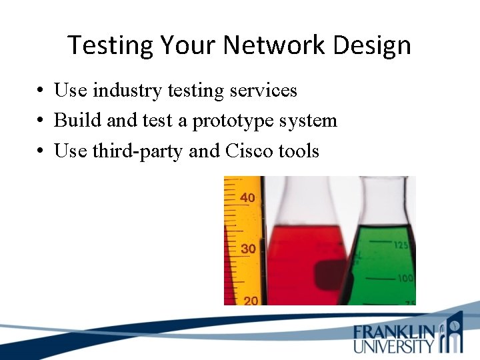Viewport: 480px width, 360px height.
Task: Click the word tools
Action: [x=299, y=151]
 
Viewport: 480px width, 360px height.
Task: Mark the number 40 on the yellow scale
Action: [x=247, y=197]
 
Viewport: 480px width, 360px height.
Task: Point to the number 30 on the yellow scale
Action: [x=247, y=249]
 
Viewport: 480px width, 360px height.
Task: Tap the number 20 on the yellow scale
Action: [x=249, y=301]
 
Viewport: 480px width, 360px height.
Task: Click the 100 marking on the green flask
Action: [x=405, y=278]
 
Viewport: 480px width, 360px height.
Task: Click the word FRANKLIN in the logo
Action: [x=394, y=331]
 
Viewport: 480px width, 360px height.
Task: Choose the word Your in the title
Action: [x=184, y=45]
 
